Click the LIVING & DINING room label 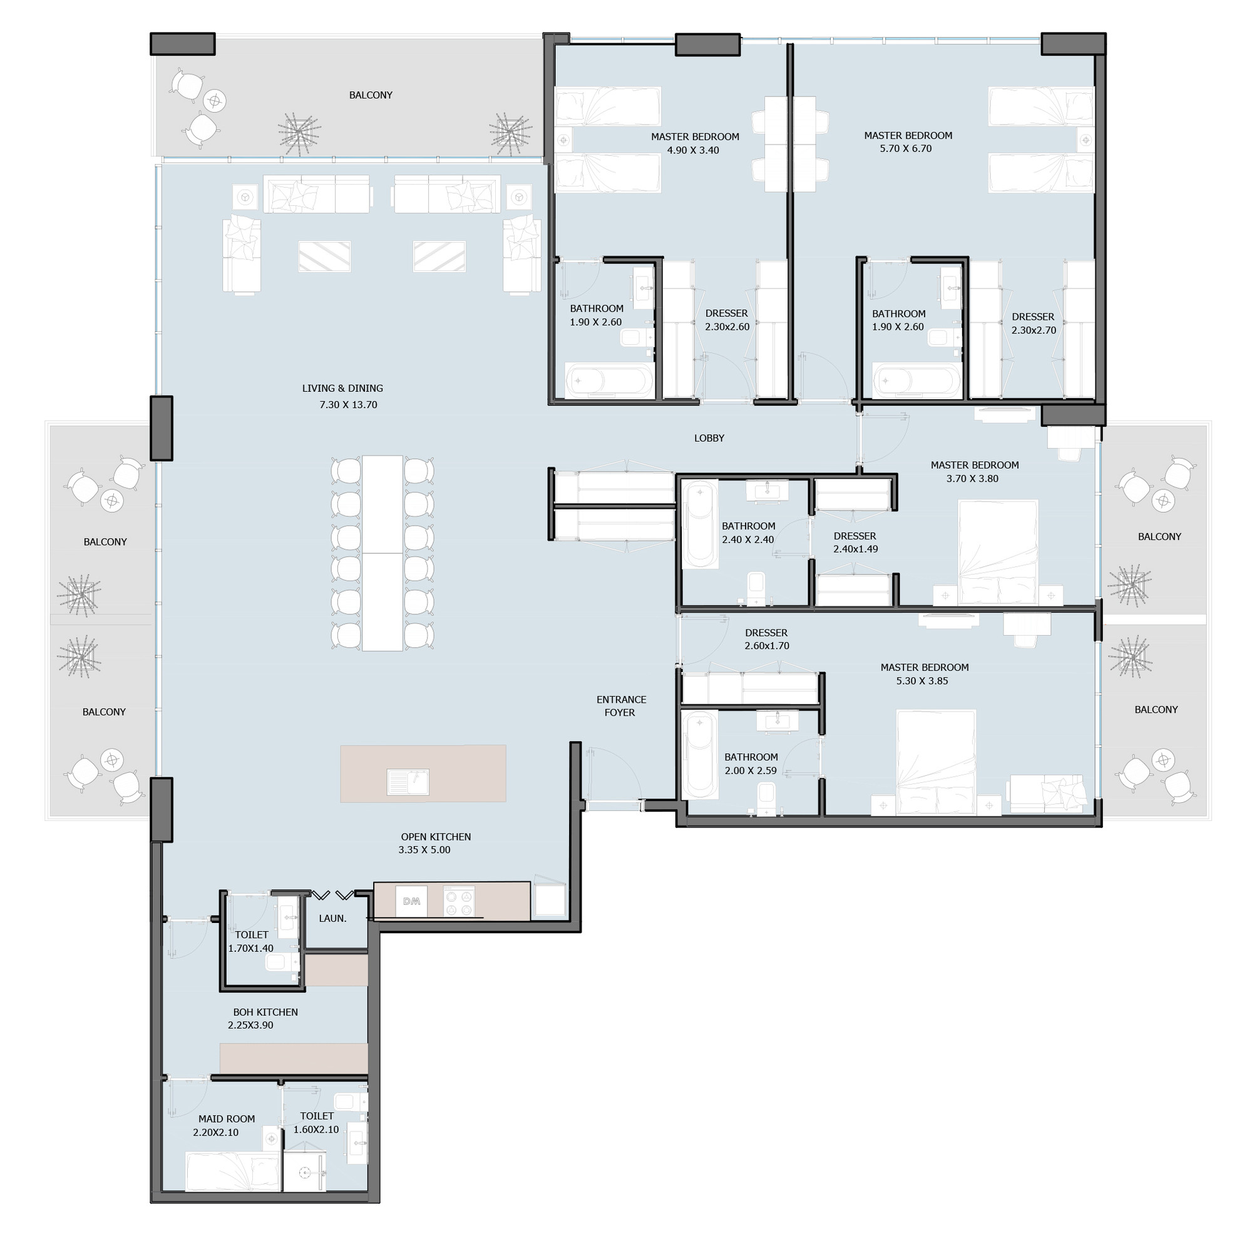[342, 389]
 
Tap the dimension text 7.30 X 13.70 [348, 405]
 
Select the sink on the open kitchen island [408, 782]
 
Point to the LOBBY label [709, 439]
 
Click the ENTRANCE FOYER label [621, 706]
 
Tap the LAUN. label [332, 919]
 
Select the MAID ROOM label [226, 1119]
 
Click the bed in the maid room [233, 1171]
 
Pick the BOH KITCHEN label [265, 1012]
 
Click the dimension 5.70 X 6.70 [905, 149]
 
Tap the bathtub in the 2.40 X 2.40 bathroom [700, 524]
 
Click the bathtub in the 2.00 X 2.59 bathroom [700, 755]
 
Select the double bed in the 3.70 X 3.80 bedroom [998, 552]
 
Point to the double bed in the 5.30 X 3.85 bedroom [936, 762]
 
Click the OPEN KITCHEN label [436, 837]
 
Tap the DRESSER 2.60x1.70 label [767, 640]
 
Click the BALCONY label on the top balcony [371, 95]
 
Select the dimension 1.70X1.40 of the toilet [251, 949]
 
